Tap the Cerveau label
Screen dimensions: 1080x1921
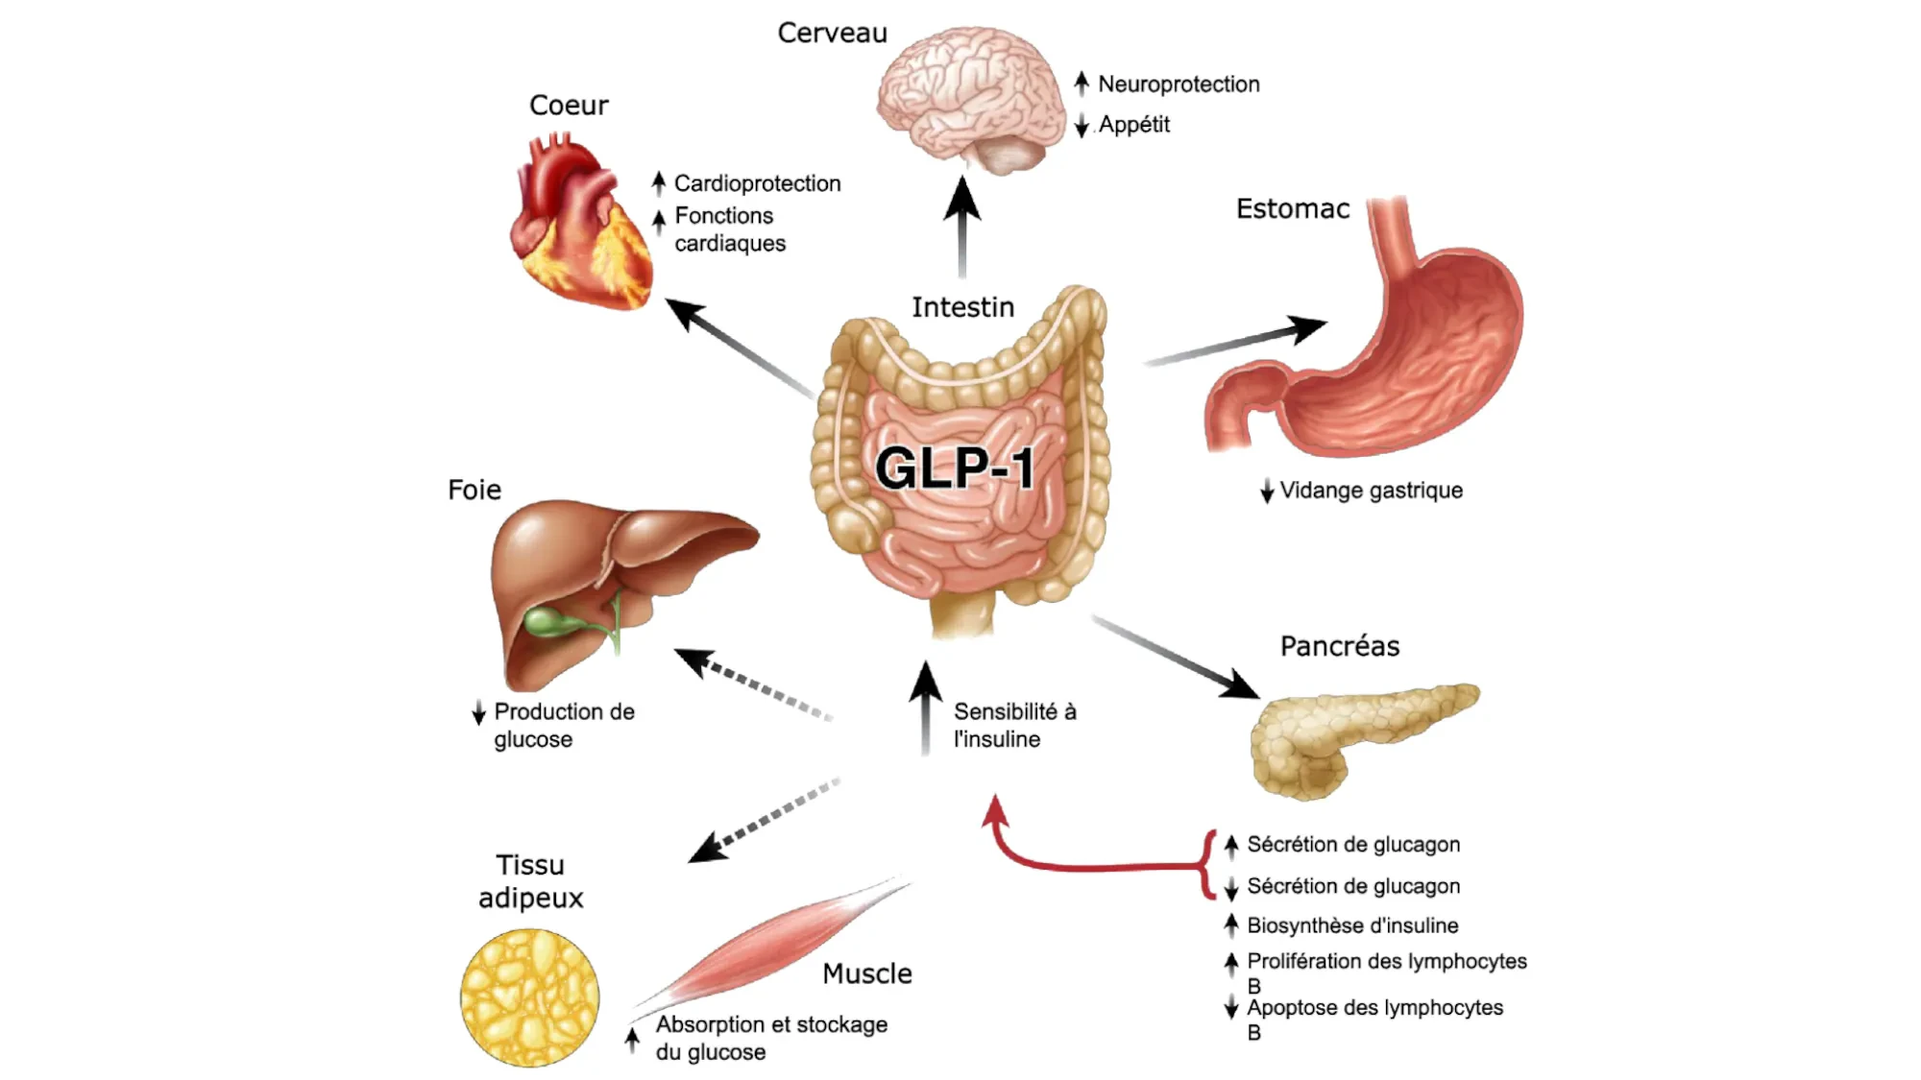(832, 33)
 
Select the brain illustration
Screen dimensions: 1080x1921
(970, 101)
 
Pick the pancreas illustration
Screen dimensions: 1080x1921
(1354, 734)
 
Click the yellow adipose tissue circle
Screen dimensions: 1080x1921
(529, 997)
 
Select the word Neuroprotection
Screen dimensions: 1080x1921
(1179, 84)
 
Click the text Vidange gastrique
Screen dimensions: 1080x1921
(1371, 491)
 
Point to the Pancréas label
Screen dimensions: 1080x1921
(1339, 646)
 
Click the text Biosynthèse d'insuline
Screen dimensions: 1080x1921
(1352, 925)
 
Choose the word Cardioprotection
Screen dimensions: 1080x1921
(757, 183)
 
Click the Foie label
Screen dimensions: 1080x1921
(474, 490)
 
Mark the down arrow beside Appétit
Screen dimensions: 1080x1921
(1082, 126)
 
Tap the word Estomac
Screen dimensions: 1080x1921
(1292, 208)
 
